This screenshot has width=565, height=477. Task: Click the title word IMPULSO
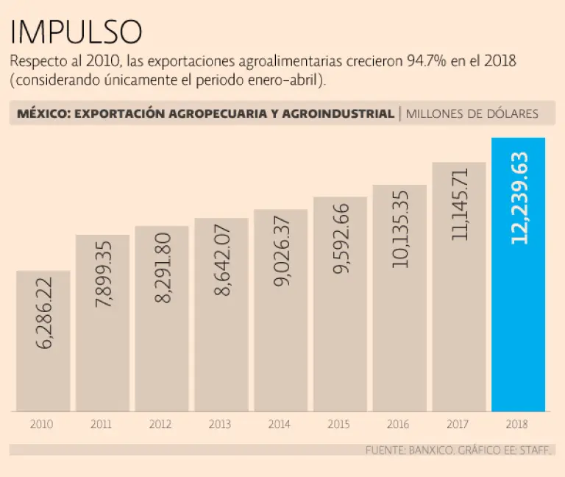[77, 31]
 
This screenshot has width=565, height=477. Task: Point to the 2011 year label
[101, 425]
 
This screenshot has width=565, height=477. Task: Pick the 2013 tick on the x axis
[220, 425]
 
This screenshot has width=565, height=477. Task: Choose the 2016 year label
[399, 425]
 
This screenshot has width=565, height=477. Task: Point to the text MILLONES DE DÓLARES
[472, 113]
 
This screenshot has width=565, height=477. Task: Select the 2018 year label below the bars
[518, 425]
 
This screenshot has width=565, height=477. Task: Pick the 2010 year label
[41, 425]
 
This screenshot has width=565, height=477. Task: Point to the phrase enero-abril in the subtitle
[280, 79]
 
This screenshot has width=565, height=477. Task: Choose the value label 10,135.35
[399, 230]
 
